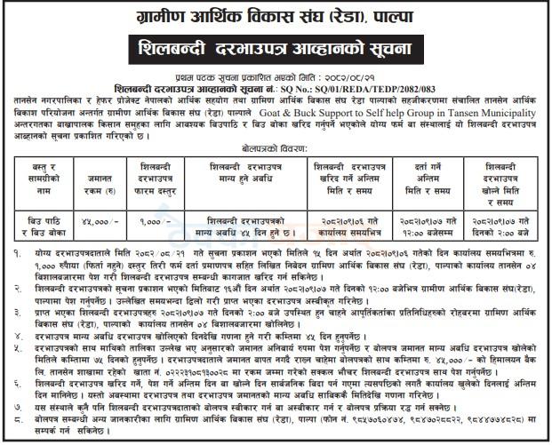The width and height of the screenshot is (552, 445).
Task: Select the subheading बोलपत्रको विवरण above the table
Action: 276,151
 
